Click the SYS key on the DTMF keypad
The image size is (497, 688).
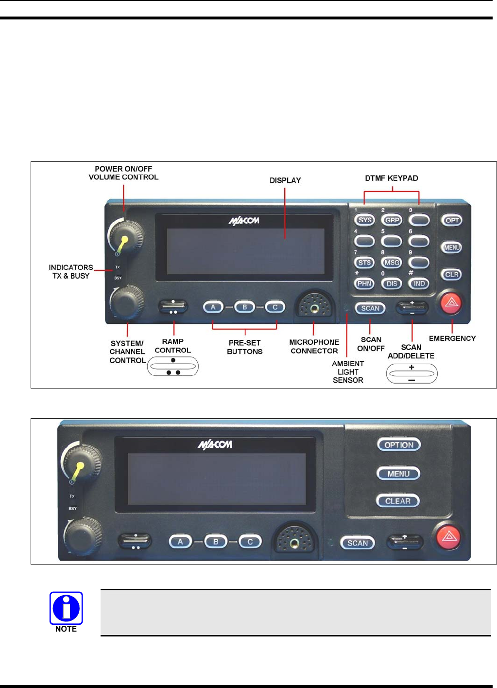[365, 220]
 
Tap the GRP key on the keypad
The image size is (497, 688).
[392, 220]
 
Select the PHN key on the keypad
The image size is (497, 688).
[364, 283]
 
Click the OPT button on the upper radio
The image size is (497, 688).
[452, 220]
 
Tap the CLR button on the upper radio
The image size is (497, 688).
[452, 275]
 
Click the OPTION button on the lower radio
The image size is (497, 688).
[399, 445]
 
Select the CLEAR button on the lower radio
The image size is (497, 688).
[398, 501]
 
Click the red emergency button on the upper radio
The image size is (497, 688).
[451, 302]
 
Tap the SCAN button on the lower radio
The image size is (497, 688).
[358, 543]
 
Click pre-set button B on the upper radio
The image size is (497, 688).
[244, 307]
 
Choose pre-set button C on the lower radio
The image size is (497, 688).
[250, 542]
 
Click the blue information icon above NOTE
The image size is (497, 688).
[66, 608]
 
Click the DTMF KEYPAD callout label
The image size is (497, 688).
[392, 178]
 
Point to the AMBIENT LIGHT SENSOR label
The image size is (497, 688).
[348, 372]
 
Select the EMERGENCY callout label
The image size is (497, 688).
[452, 338]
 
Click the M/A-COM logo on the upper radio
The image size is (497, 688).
[244, 221]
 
